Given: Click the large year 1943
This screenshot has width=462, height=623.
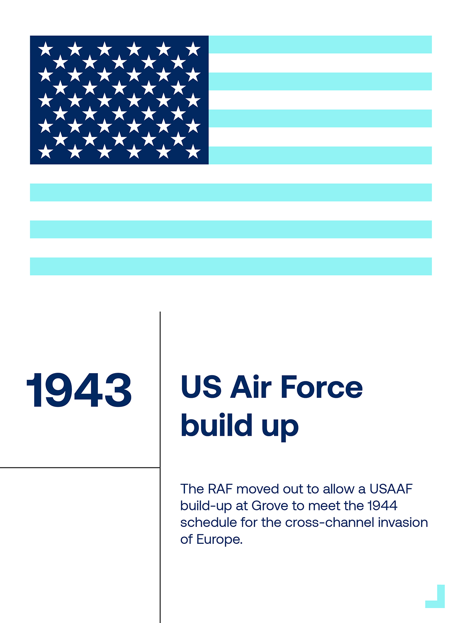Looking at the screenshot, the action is (x=79, y=390).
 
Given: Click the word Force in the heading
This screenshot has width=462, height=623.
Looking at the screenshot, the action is (x=322, y=387).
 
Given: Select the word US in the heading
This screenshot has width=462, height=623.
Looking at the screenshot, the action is (x=201, y=387).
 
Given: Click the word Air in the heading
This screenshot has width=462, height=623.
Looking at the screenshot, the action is (x=251, y=386).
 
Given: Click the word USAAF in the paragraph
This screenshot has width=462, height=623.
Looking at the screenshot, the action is (x=391, y=489).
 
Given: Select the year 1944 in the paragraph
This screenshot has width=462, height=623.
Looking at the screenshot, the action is (x=383, y=506).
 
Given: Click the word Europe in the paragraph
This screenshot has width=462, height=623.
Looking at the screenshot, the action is (x=219, y=540).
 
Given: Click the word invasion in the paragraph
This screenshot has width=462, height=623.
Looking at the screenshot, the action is (x=403, y=523).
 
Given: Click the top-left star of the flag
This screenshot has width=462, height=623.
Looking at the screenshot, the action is (x=45, y=49).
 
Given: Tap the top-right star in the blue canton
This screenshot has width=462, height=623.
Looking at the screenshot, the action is (x=193, y=49).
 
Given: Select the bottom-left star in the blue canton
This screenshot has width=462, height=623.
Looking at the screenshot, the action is (x=45, y=152).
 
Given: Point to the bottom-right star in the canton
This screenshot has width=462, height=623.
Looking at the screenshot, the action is (x=193, y=152).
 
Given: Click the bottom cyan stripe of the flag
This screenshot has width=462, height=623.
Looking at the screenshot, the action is (x=231, y=266).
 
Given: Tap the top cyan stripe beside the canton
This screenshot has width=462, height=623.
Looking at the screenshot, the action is (x=320, y=45).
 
